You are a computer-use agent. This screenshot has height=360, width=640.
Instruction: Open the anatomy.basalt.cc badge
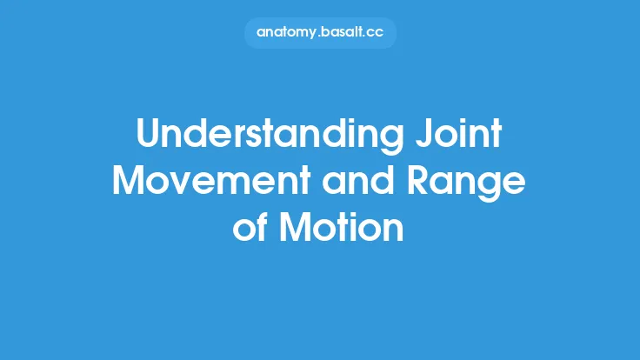(x=320, y=32)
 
